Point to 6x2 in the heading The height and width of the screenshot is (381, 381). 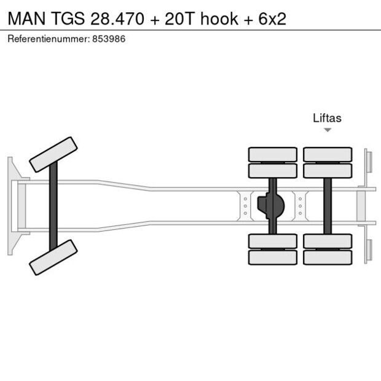[271, 18]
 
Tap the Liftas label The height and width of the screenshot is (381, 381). [327, 118]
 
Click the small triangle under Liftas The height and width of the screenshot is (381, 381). [328, 130]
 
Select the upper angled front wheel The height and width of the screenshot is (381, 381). [53, 154]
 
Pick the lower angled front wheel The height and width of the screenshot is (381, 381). [53, 257]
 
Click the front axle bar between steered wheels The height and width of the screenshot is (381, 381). [53, 206]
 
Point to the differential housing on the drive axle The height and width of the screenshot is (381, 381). [272, 206]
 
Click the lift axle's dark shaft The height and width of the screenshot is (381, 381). [328, 206]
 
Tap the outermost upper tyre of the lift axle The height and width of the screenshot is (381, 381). [328, 154]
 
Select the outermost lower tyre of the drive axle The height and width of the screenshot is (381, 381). [272, 257]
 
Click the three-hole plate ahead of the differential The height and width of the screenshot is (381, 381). [245, 206]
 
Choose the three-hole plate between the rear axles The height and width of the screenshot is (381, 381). [300, 206]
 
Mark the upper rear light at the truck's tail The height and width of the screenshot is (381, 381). [367, 161]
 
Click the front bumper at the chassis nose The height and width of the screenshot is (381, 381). [10, 206]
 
